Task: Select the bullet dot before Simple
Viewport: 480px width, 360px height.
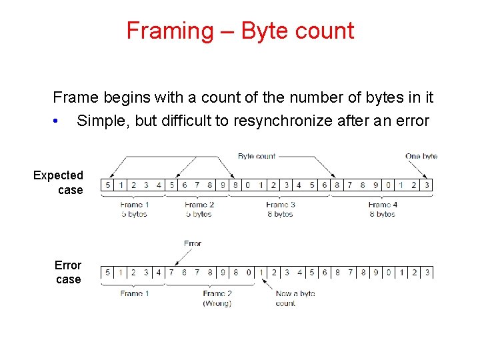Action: (x=59, y=121)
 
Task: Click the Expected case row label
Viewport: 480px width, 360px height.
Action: (x=59, y=183)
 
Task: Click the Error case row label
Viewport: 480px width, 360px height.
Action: (x=68, y=272)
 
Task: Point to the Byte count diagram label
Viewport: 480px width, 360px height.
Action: (x=257, y=156)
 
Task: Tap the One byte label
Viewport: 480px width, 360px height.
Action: (x=421, y=156)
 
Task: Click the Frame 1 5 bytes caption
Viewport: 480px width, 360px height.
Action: (x=133, y=209)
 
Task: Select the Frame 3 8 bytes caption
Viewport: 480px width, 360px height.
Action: (x=280, y=209)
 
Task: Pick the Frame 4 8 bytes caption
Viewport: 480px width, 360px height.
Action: (x=382, y=209)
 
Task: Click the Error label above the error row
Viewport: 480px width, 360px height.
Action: (x=192, y=243)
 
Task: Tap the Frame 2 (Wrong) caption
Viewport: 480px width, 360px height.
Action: (x=217, y=298)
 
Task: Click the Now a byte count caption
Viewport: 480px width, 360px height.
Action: (x=294, y=298)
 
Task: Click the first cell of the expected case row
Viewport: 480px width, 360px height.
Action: (x=107, y=185)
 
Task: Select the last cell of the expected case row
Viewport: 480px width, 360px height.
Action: (x=427, y=185)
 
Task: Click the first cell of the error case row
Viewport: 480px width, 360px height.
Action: (x=107, y=272)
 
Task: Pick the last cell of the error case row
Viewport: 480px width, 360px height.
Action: (x=427, y=272)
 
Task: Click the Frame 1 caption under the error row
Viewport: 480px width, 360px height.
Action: (x=134, y=293)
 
